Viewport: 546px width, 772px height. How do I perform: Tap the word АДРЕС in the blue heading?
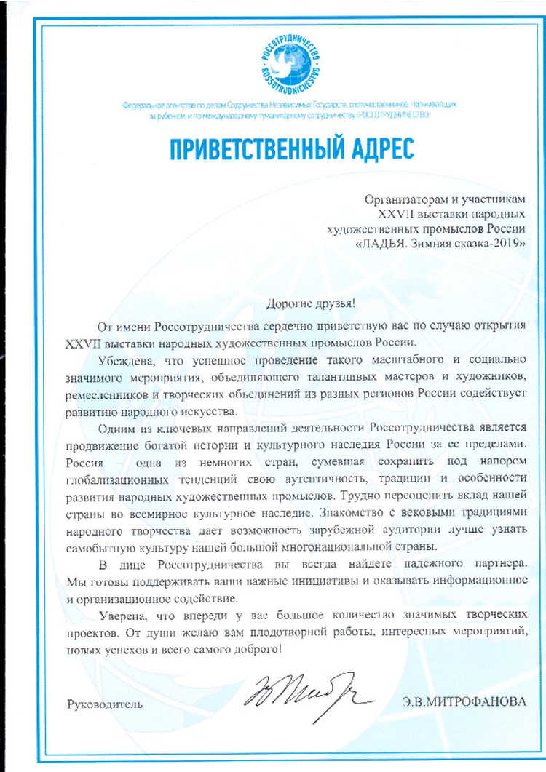point(377,148)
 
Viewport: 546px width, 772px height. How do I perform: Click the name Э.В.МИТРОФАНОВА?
point(453,704)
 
